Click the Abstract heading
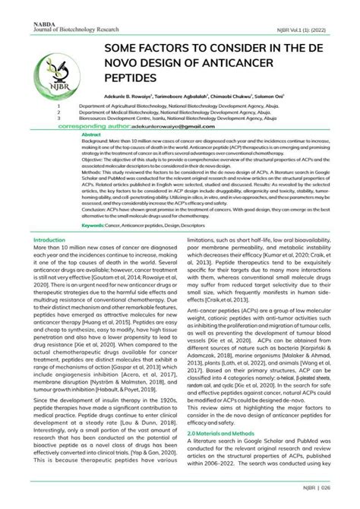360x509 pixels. click(91, 135)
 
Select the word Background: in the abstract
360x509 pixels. click(96, 142)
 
